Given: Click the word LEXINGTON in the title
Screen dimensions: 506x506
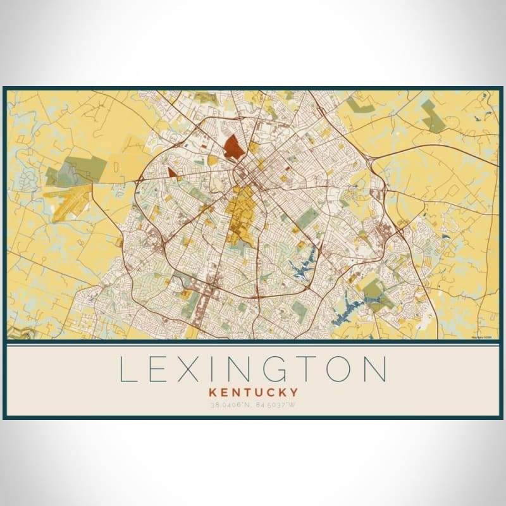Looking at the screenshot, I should click(253, 369).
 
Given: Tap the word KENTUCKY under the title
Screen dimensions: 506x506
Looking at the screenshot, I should click(252, 393).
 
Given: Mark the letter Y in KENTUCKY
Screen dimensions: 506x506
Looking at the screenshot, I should click(295, 393).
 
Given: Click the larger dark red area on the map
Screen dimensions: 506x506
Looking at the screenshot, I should click(233, 147).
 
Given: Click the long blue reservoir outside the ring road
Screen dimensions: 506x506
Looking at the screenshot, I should click(345, 309).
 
